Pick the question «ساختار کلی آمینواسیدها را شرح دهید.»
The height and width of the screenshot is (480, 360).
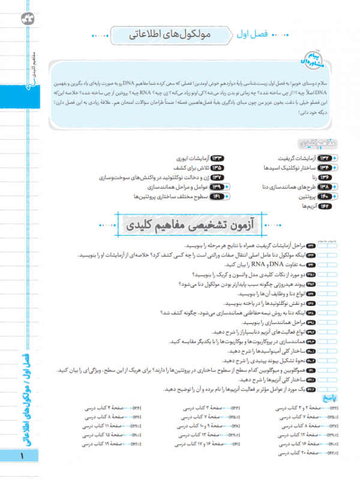258,351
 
